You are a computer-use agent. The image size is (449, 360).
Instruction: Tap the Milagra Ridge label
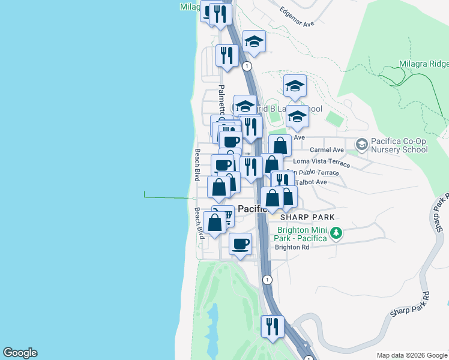pos(423,64)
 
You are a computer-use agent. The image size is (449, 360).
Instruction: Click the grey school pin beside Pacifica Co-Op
pos(361,144)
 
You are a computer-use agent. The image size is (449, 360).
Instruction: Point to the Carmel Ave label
pos(327,150)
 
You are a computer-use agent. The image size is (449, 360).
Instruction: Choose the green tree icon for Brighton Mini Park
pos(336,232)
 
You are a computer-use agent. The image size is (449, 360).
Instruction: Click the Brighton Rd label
pos(292,247)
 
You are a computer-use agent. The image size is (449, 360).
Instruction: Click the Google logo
pos(20,353)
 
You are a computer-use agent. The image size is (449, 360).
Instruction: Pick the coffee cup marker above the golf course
pos(240,244)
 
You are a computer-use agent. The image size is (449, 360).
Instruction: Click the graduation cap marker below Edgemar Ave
pos(254,42)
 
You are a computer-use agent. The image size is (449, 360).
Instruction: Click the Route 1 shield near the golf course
pos(267,280)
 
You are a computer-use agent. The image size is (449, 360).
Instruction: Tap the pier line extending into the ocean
pos(168,196)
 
